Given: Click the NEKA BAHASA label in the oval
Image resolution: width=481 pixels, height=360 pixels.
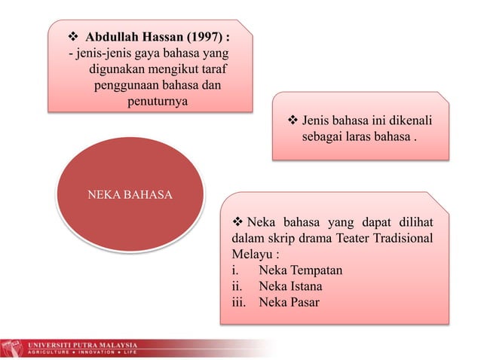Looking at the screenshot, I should click(130, 196).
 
